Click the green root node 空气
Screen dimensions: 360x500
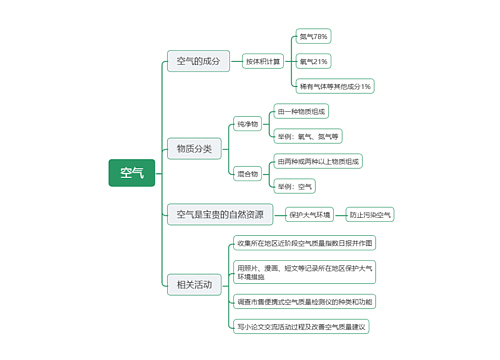click(132, 174)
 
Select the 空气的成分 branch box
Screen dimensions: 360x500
click(197, 61)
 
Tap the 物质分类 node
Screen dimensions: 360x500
click(194, 149)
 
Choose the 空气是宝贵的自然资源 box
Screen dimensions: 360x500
click(220, 214)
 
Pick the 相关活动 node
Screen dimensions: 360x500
click(194, 285)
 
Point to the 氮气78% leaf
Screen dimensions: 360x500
click(313, 36)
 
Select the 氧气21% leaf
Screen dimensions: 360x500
click(313, 61)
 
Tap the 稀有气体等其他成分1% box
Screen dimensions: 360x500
click(335, 86)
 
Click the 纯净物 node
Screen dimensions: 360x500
click(247, 124)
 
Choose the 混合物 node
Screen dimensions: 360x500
click(247, 174)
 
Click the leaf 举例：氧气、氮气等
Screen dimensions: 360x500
click(309, 136)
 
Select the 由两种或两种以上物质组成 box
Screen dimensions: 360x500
click(319, 161)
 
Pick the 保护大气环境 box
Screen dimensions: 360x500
click(309, 214)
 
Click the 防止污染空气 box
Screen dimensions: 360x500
click(371, 214)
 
